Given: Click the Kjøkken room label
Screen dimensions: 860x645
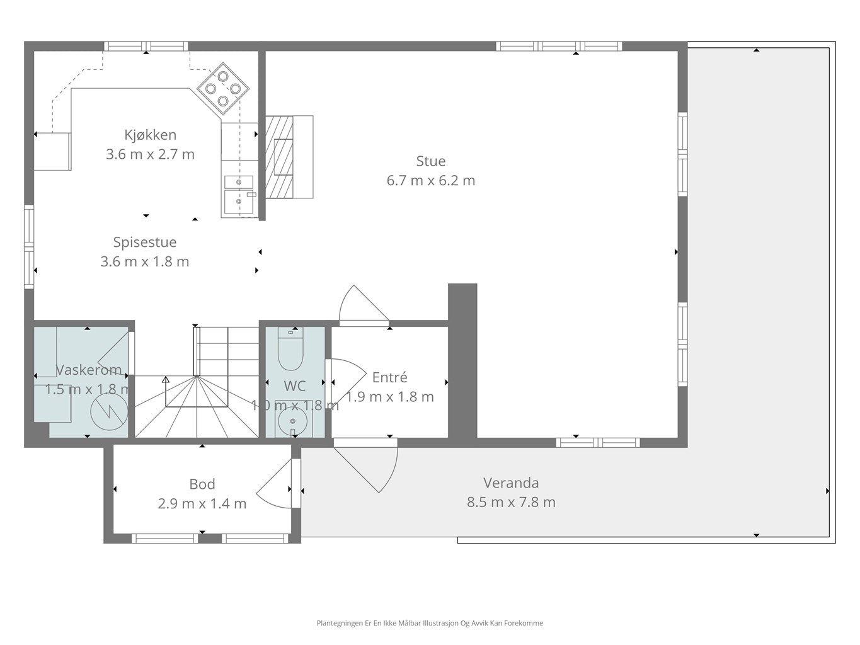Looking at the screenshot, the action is [151, 135].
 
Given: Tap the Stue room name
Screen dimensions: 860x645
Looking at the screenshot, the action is [430, 161].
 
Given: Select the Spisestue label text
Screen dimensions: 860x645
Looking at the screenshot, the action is [145, 242].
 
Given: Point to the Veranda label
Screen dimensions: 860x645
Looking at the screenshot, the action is [511, 483].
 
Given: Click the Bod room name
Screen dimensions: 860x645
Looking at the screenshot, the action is [202, 484].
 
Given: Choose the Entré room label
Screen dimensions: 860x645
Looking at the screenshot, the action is [389, 377].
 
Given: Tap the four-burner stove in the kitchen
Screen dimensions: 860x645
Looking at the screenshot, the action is [223, 89].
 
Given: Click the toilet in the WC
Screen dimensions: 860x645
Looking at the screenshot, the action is [290, 348].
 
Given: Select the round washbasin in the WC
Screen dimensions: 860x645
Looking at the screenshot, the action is [293, 421].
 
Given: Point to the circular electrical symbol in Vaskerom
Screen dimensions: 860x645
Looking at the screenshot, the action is [110, 411].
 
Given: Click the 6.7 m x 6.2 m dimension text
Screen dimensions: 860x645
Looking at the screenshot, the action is [430, 181].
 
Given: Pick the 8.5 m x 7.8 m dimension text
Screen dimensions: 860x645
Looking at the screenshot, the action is [511, 502].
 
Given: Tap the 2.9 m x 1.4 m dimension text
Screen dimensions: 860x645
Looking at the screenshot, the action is [202, 504].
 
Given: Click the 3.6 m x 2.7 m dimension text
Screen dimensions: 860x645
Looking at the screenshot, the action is [151, 154].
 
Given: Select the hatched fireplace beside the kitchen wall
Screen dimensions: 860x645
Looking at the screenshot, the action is [279, 157].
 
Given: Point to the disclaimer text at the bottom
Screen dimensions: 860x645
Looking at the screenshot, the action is [430, 623].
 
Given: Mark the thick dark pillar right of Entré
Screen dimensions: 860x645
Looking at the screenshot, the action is [462, 361].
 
